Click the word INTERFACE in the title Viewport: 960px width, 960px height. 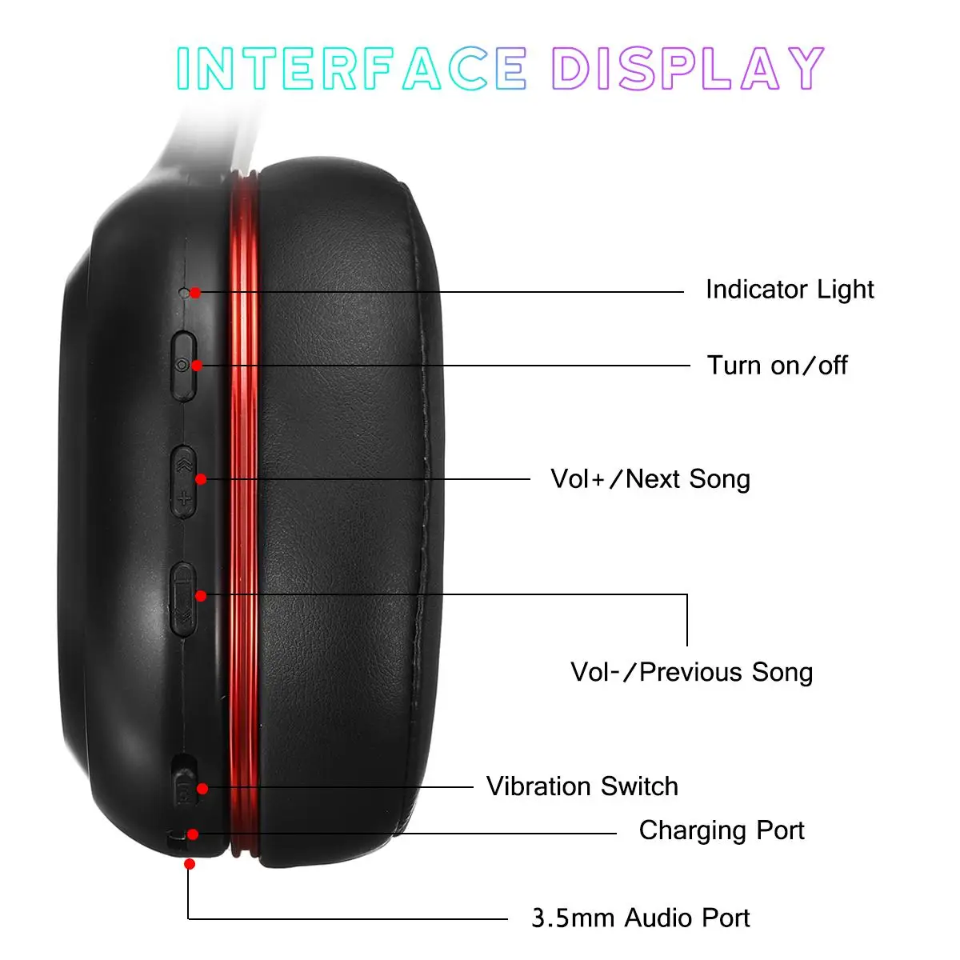351,68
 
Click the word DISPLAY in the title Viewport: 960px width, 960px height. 687,68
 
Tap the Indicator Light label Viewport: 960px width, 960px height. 789,290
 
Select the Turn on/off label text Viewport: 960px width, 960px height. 777,366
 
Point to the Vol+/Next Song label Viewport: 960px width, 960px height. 650,479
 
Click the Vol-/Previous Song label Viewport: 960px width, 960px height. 691,672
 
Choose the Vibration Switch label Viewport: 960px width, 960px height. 582,786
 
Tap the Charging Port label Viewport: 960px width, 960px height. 721,830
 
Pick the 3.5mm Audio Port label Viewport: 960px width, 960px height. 640,918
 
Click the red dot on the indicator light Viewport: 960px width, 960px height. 195,294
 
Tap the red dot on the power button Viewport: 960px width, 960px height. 197,366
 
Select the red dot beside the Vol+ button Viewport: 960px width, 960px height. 201,479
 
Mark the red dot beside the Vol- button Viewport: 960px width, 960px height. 201,596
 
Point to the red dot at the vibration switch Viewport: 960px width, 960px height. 202,789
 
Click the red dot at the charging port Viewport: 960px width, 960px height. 193,834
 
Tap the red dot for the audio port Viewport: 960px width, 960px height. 190,864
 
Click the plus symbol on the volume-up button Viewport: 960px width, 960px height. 184,500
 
